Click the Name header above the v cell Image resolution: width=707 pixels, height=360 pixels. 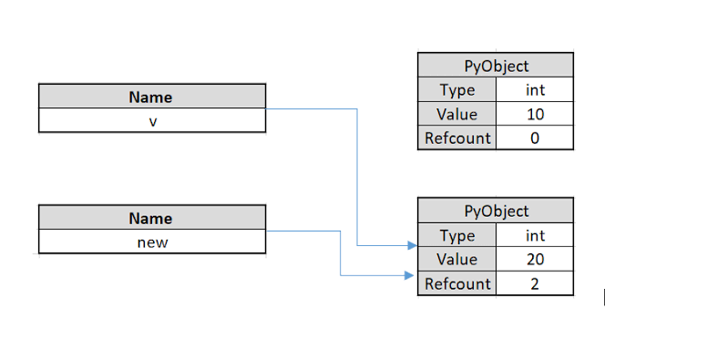(151, 97)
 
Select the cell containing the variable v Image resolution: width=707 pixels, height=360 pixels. (151, 120)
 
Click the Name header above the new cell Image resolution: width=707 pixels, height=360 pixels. (151, 218)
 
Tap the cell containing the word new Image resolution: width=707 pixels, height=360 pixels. (151, 242)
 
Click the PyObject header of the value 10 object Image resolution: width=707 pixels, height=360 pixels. (496, 66)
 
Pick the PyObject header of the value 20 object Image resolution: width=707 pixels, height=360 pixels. (496, 211)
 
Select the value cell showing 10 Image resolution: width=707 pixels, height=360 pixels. (535, 114)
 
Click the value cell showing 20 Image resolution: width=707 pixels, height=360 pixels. (535, 260)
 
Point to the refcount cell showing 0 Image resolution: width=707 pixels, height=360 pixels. (535, 139)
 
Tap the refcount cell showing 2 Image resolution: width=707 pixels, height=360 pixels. (535, 283)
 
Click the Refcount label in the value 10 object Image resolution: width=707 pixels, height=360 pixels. (457, 139)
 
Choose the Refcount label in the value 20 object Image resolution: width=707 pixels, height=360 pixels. (457, 283)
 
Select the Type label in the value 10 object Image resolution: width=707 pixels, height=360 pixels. (457, 90)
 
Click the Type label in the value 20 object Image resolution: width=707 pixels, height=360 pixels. (457, 235)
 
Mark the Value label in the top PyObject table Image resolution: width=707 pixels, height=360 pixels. (457, 114)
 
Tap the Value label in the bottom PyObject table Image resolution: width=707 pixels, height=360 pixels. (457, 260)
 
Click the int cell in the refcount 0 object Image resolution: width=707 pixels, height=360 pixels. (535, 90)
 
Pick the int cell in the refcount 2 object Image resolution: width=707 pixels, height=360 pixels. (535, 235)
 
